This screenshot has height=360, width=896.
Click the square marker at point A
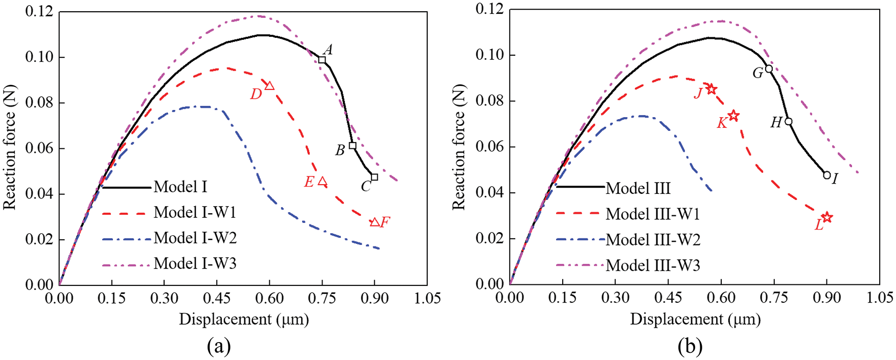click(322, 60)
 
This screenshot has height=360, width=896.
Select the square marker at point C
click(375, 177)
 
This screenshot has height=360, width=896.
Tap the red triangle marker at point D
click(269, 86)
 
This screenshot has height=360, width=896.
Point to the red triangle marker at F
click(375, 222)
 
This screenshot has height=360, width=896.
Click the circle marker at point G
click(769, 69)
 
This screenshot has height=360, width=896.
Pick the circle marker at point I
click(827, 175)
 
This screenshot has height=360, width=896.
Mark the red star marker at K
click(733, 116)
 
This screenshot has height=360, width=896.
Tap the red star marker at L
click(827, 217)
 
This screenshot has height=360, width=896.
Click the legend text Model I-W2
click(195, 238)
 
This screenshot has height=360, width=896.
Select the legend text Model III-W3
click(653, 265)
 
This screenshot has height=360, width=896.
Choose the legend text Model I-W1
click(195, 212)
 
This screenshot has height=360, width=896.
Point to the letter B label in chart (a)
click(340, 151)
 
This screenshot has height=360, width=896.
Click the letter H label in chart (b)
click(776, 123)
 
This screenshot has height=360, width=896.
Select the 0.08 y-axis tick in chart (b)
click(489, 101)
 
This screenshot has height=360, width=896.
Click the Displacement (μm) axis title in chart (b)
click(695, 320)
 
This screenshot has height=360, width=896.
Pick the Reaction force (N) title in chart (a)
click(10, 147)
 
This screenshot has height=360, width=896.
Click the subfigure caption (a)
click(219, 347)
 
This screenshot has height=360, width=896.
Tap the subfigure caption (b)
click(690, 347)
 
